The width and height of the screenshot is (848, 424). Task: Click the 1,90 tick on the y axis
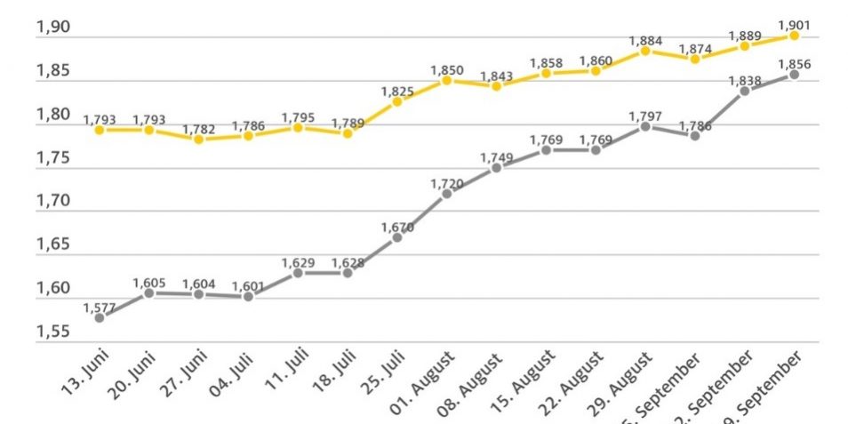[x=52, y=28]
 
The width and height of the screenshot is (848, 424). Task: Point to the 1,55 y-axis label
[x=52, y=332]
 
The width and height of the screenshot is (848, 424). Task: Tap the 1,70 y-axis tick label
[x=52, y=202]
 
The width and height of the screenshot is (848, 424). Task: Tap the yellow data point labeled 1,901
[x=794, y=36]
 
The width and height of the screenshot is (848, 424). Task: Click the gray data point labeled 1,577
[x=100, y=317]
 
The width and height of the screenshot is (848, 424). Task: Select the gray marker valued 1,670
[x=397, y=237]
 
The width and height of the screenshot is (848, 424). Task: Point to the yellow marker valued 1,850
[x=447, y=80]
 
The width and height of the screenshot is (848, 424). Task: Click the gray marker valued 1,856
[x=794, y=75]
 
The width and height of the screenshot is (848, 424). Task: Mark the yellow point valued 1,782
[x=199, y=140]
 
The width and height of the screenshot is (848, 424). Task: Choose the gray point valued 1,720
[x=447, y=193]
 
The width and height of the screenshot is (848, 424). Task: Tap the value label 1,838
[x=744, y=80]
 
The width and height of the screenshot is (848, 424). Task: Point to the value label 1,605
[x=149, y=282]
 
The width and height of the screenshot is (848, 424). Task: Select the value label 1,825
[x=397, y=91]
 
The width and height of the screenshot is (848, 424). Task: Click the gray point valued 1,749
[x=497, y=167]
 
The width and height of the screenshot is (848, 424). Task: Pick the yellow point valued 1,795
[x=299, y=128]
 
